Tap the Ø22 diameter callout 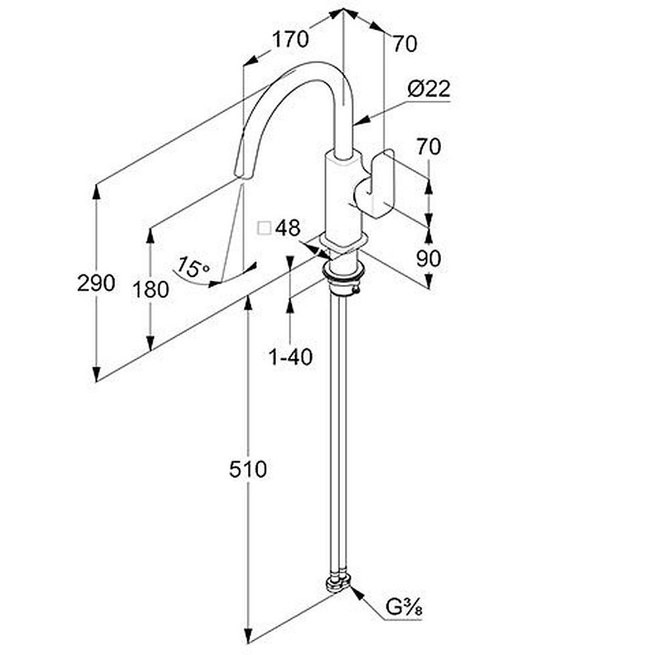point(429,88)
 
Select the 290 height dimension point(96,283)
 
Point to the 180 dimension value point(151,290)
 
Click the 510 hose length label point(248,470)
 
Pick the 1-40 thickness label point(291,357)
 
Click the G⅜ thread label point(403,607)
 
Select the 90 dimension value point(428,259)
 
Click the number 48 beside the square point(288,228)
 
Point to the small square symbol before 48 point(265,229)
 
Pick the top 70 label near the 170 point(404,44)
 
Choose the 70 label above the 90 point(428,147)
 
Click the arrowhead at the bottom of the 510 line point(248,635)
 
